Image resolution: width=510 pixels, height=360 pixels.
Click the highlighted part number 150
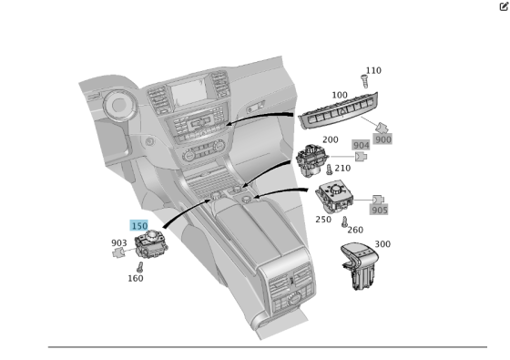[139, 226]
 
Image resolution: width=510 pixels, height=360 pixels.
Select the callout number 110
[373, 70]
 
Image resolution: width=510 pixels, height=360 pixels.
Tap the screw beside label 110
[364, 81]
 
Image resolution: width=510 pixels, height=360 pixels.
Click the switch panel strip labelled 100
[338, 110]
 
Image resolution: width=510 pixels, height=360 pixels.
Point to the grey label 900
[382, 139]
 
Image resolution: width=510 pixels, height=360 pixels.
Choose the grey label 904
[361, 145]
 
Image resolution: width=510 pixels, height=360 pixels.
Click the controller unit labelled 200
[311, 160]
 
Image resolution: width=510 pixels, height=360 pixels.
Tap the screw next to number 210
[329, 170]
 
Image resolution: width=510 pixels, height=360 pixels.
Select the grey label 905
[379, 210]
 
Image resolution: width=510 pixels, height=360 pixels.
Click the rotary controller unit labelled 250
[334, 197]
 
